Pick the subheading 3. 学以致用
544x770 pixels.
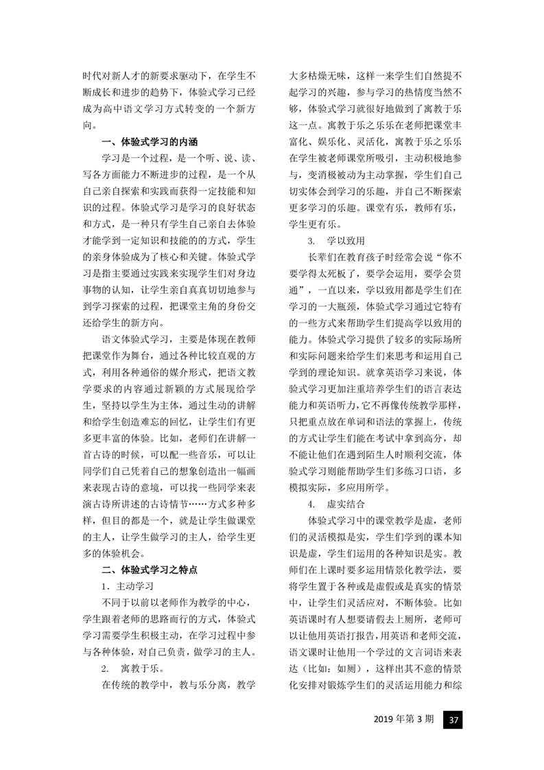(336, 241)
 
